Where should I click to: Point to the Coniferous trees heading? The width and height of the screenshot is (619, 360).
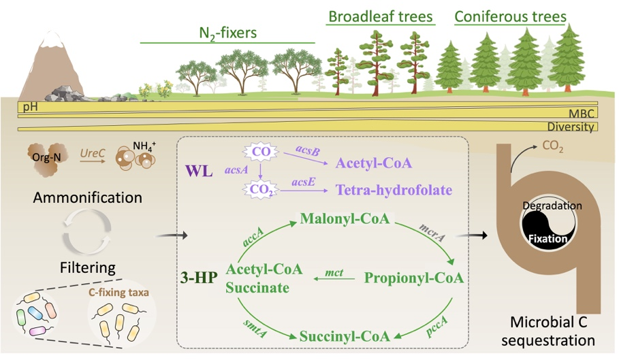pos(510,16)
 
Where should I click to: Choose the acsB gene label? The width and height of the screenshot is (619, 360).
pos(309,148)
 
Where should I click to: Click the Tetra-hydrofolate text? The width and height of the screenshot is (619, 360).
pos(393,190)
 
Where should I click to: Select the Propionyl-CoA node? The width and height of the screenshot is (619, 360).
pos(414,277)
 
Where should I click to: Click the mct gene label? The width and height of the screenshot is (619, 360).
pos(334,272)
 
